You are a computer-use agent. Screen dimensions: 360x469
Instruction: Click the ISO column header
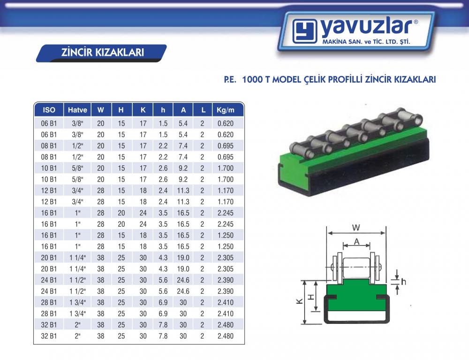49,110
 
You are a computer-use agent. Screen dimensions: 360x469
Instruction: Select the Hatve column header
77,110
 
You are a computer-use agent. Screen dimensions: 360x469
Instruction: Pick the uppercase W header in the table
101,110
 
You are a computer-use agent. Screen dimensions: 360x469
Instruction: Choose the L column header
203,110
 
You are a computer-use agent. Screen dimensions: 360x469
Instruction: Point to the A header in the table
183,110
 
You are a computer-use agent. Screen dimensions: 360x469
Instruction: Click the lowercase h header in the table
163,110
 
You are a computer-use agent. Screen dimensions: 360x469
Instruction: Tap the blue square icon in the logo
305,31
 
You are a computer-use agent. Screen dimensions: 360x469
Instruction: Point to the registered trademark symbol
416,22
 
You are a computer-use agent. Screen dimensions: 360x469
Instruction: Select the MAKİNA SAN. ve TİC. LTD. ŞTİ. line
366,42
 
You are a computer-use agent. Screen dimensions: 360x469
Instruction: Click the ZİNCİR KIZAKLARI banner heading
102,52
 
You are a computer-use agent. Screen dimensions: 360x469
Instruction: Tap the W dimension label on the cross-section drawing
356,228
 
